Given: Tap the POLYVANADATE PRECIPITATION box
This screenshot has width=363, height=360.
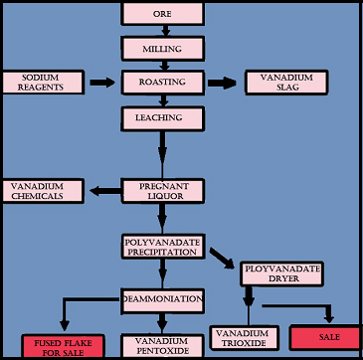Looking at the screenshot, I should point(162,249).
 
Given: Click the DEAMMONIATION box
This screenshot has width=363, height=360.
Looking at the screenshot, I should point(163,297).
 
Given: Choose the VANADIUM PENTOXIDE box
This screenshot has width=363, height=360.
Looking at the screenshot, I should point(162,344).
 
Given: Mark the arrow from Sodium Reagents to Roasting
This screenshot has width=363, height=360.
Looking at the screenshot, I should point(102,83).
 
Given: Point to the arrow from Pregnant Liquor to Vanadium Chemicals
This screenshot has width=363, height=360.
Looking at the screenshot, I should point(105,191).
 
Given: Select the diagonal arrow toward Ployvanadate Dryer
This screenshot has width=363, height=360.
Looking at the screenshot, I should point(221,258).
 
